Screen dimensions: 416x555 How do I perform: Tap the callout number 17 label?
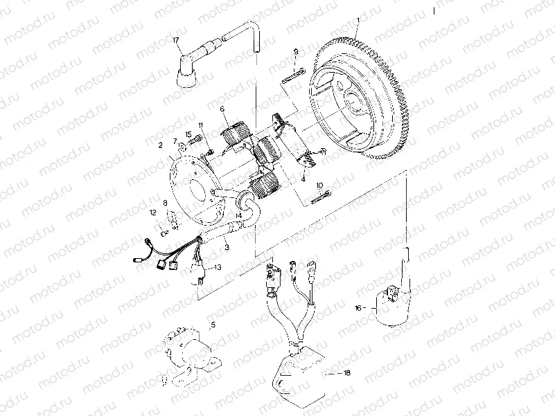tap(176, 41)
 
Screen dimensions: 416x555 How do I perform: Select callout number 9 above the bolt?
tap(295, 52)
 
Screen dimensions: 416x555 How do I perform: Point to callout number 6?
tap(222, 109)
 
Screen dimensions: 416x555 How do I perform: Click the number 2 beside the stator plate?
tap(160, 145)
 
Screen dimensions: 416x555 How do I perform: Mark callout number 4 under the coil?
tap(303, 179)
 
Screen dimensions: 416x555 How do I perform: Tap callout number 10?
tap(319, 186)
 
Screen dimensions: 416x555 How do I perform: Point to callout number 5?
tap(213, 324)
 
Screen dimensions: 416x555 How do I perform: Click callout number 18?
tap(346, 373)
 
